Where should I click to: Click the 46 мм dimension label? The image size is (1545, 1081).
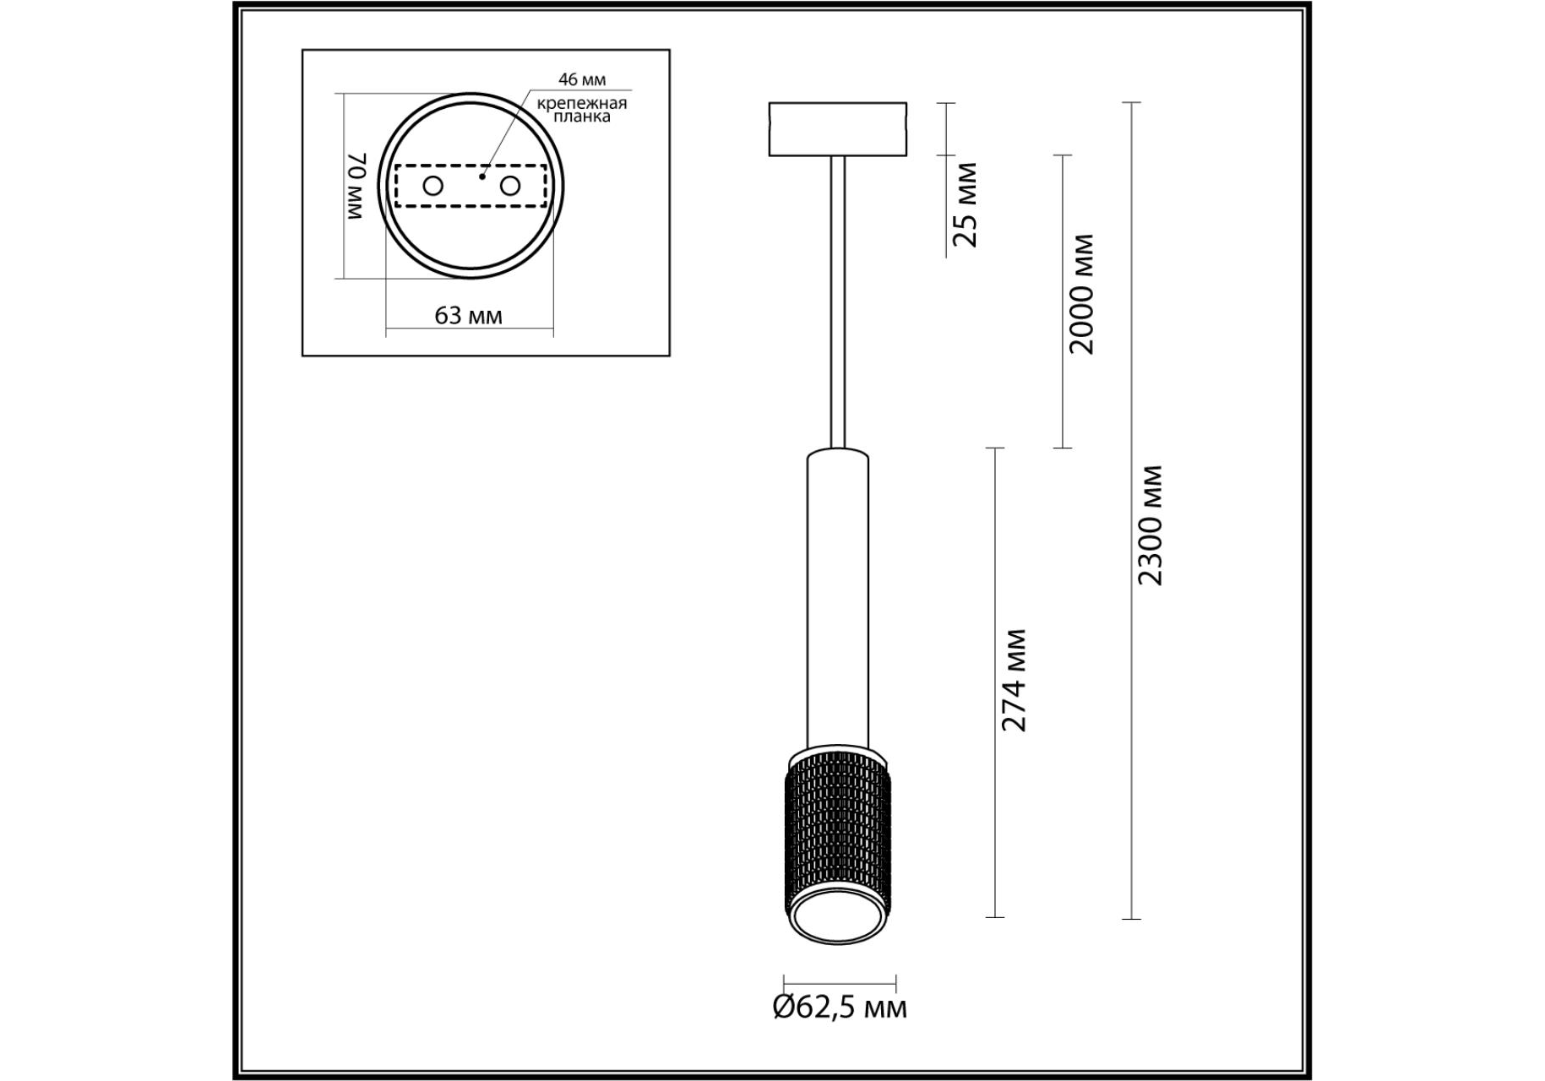click(582, 79)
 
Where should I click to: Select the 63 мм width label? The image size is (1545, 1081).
click(468, 316)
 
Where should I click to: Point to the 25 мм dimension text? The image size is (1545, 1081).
click(965, 204)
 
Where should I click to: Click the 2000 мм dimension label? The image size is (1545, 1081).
click(1080, 294)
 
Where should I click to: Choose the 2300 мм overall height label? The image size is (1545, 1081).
click(1150, 524)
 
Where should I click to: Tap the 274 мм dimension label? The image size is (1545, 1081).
click(1013, 680)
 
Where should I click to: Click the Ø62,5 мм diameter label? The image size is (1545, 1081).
click(840, 1008)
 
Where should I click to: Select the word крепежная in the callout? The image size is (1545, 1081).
click(582, 103)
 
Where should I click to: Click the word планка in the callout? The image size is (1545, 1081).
click(582, 117)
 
